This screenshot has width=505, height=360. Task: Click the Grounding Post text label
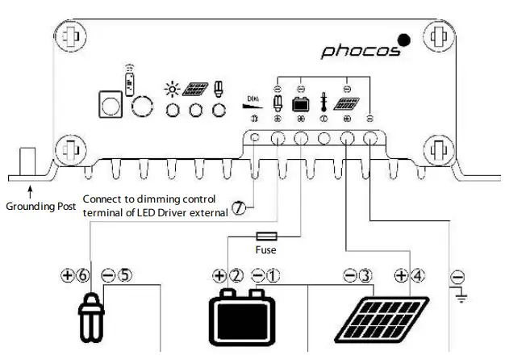[x=40, y=207]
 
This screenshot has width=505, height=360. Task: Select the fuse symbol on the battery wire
[x=267, y=237]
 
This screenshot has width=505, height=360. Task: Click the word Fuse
[x=267, y=250]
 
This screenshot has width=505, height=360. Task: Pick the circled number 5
[x=124, y=275]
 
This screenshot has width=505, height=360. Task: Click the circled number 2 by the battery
[x=236, y=275]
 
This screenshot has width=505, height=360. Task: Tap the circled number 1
[x=273, y=275]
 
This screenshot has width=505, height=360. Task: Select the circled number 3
[x=365, y=275]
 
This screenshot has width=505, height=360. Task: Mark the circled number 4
[x=417, y=275]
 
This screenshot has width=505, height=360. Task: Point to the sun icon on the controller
[x=171, y=88]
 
